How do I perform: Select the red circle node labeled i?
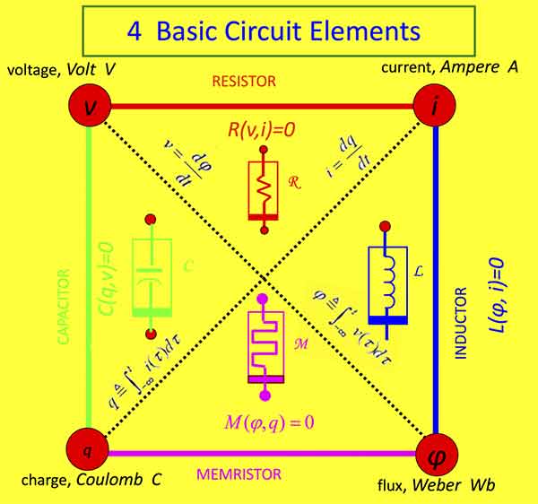[433, 108]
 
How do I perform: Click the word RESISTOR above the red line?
[243, 82]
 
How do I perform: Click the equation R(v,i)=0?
[262, 130]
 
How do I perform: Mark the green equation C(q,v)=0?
[108, 275]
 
